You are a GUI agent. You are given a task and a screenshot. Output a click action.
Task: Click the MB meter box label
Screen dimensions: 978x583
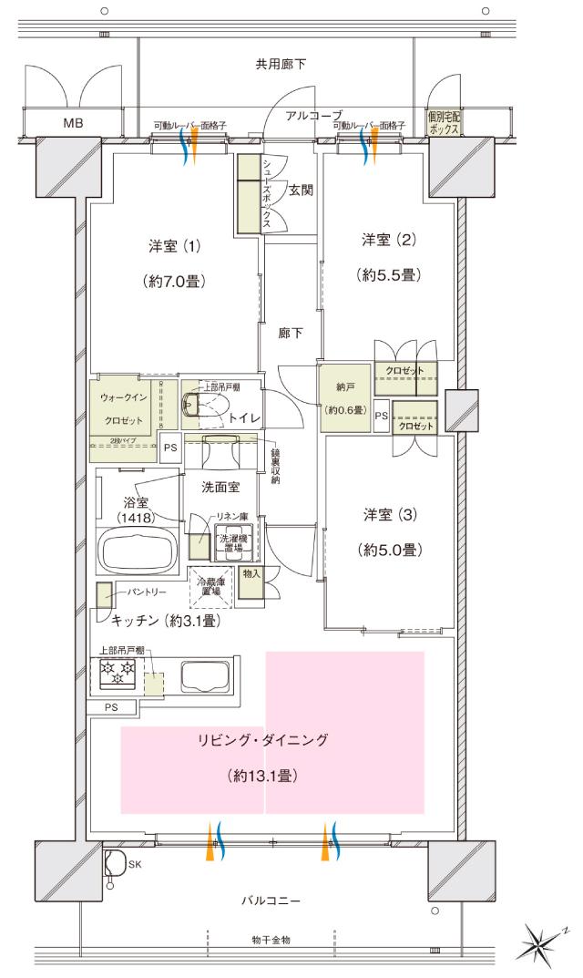pos(71,121)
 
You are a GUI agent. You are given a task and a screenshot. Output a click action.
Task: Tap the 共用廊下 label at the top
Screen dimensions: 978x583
pos(280,64)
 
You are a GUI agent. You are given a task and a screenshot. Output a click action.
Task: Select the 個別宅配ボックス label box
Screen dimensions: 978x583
pos(445,122)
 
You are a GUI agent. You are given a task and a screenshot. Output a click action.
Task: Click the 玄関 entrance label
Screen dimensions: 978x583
pos(302,190)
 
